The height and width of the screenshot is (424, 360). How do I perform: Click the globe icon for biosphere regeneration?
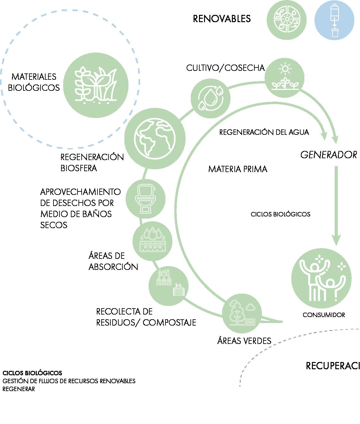[155, 138]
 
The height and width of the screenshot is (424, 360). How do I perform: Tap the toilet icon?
[146, 199]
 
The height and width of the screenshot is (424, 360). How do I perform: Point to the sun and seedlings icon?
[284, 78]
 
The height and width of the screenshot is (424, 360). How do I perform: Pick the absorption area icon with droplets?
[152, 241]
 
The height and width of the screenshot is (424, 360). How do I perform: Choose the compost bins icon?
[168, 285]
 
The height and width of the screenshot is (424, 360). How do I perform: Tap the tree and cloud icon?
[242, 314]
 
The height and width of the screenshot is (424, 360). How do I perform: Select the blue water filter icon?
[334, 20]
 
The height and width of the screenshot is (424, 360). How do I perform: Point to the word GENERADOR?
[328, 155]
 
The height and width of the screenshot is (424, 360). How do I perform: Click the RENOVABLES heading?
[222, 19]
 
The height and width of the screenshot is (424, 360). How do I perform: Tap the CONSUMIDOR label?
[324, 315]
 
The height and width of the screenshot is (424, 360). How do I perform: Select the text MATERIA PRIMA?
[238, 169]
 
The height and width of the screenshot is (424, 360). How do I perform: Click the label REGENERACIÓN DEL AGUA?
[264, 132]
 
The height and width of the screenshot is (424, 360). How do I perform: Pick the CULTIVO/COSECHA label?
[225, 68]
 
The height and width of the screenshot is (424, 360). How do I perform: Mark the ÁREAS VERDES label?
[244, 341]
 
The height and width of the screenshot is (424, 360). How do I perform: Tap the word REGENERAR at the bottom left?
[19, 389]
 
